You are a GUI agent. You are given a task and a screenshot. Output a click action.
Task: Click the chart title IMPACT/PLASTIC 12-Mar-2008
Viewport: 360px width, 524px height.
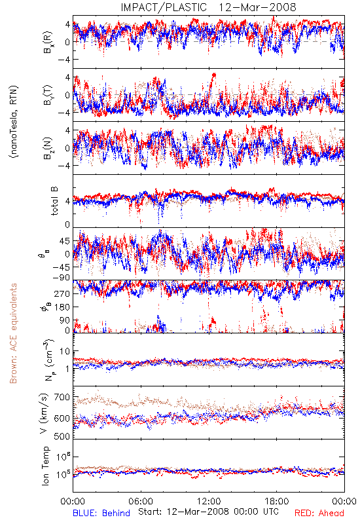point(208,7)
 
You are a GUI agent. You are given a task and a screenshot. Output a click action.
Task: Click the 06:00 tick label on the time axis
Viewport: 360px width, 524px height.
point(141,501)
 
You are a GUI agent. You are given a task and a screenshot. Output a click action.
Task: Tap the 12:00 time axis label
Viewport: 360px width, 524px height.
point(209,501)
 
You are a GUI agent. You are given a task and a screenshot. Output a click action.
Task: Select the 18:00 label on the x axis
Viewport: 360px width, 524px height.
point(277,501)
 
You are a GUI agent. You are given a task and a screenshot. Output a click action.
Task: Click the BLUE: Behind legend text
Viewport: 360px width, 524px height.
point(101,513)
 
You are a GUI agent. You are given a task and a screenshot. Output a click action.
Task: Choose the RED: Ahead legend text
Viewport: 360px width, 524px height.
point(319,513)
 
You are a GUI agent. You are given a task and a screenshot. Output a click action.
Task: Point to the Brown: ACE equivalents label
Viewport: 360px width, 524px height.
point(13,333)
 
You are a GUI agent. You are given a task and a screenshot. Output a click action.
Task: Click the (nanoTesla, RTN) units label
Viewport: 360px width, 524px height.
point(14,122)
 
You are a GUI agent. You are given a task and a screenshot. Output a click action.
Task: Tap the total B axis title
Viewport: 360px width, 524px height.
point(54,201)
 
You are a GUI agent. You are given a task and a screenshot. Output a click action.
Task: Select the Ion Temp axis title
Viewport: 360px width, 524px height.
point(45,466)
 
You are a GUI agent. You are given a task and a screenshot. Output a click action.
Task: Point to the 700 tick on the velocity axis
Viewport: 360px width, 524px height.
point(62,398)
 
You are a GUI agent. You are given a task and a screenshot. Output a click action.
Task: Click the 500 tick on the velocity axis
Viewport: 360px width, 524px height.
point(62,436)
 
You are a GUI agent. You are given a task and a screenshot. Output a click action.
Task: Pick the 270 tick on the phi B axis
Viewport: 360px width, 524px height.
point(62,293)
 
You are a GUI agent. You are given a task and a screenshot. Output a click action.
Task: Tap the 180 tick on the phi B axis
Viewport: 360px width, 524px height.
point(62,307)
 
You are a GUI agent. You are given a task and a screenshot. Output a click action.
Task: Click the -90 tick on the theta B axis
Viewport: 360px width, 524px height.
point(60,278)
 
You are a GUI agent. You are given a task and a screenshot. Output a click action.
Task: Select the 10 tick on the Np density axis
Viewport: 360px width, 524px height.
point(65,351)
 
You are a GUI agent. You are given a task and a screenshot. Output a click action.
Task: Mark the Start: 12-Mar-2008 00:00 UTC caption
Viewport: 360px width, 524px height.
point(208,512)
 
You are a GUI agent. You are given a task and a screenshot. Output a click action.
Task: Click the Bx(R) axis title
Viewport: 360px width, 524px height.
point(48,43)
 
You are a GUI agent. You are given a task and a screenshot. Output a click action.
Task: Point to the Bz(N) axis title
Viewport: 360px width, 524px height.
point(48,148)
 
